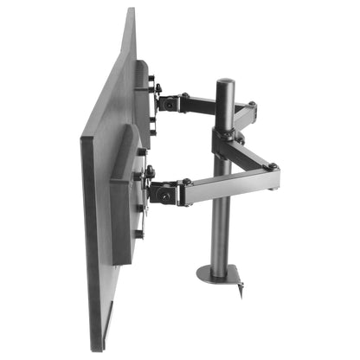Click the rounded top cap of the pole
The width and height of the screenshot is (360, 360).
coord(226,83)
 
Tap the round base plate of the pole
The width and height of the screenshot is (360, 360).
coord(217,274)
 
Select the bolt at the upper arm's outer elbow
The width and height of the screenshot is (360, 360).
coord(252,107)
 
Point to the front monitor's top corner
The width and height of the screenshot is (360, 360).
coord(131,12)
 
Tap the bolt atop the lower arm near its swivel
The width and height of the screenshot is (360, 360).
coord(185,182)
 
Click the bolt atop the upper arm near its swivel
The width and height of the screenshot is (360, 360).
coord(184,95)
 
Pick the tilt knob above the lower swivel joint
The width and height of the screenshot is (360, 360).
coord(150,170)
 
